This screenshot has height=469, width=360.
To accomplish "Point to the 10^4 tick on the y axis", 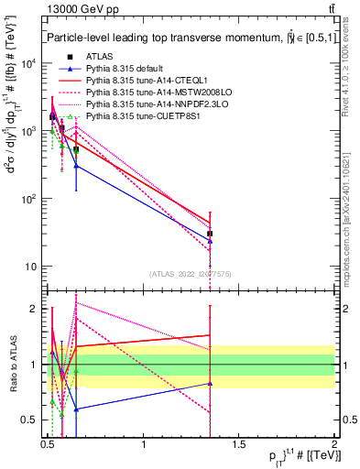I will pos(29,63).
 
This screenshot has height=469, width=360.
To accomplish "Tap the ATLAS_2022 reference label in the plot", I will pos(191,273).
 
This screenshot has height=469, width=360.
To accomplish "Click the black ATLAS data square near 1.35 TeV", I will pos(211,234).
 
